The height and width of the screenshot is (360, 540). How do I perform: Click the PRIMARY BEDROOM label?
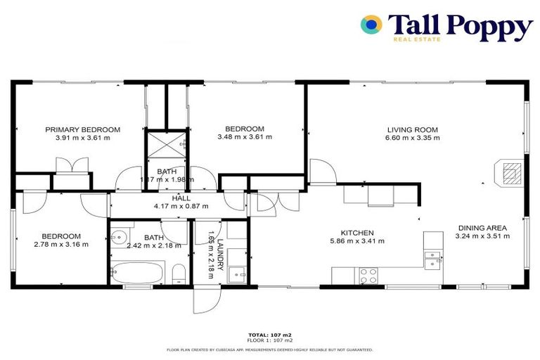pyautogui.click(x=83, y=129)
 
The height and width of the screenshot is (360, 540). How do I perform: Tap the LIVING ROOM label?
pyautogui.click(x=412, y=129)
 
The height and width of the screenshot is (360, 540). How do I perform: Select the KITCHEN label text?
pyautogui.click(x=357, y=233)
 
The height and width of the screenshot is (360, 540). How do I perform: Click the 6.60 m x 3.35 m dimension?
pyautogui.click(x=412, y=138)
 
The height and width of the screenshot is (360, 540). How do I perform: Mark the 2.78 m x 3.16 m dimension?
pyautogui.click(x=60, y=245)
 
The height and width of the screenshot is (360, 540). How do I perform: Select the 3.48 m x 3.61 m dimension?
pyautogui.click(x=244, y=137)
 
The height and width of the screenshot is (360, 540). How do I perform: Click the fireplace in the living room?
pyautogui.click(x=509, y=172)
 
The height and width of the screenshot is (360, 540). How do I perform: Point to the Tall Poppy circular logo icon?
pyautogui.click(x=371, y=25)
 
